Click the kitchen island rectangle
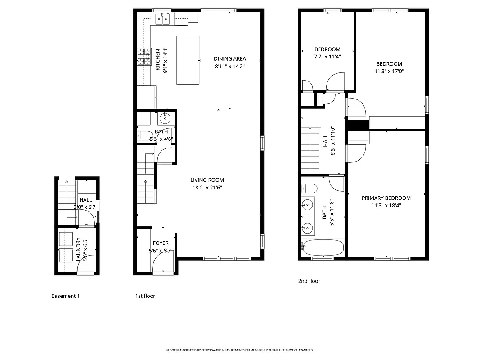click(x=188, y=60)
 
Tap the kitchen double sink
click(x=162, y=19)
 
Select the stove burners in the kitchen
click(x=144, y=58)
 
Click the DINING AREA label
click(x=229, y=58)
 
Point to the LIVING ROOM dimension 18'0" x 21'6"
click(x=207, y=188)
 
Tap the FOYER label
click(x=161, y=243)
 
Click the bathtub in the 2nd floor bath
click(x=323, y=247)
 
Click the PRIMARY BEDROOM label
click(x=386, y=198)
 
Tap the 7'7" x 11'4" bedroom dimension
click(x=327, y=57)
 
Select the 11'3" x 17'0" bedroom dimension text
click(x=389, y=71)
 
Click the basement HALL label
click(x=85, y=200)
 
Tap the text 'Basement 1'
click(x=65, y=296)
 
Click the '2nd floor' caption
click(x=309, y=281)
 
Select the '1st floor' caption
click(x=145, y=296)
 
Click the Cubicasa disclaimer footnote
click(x=240, y=350)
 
